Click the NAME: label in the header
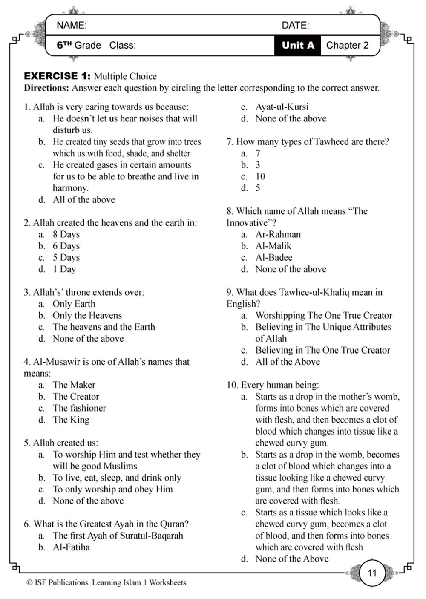pyautogui.click(x=72, y=26)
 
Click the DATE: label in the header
pyautogui.click(x=296, y=26)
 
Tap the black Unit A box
pyautogui.click(x=298, y=45)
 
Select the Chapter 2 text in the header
pyautogui.click(x=347, y=45)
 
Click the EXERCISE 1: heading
pyautogui.click(x=57, y=77)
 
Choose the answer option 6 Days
pyautogui.click(x=66, y=246)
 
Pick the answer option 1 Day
pyautogui.click(x=64, y=269)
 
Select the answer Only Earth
pyautogui.click(x=74, y=304)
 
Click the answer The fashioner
pyautogui.click(x=79, y=408)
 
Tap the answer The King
pyautogui.click(x=71, y=420)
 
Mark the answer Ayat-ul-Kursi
pyautogui.click(x=282, y=107)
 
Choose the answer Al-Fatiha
pyautogui.click(x=71, y=547)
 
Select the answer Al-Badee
pyautogui.click(x=273, y=258)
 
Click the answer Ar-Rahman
pyautogui.click(x=278, y=235)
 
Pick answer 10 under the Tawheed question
pyautogui.click(x=260, y=177)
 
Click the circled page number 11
pyautogui.click(x=372, y=573)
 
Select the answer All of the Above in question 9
pyautogui.click(x=288, y=362)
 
